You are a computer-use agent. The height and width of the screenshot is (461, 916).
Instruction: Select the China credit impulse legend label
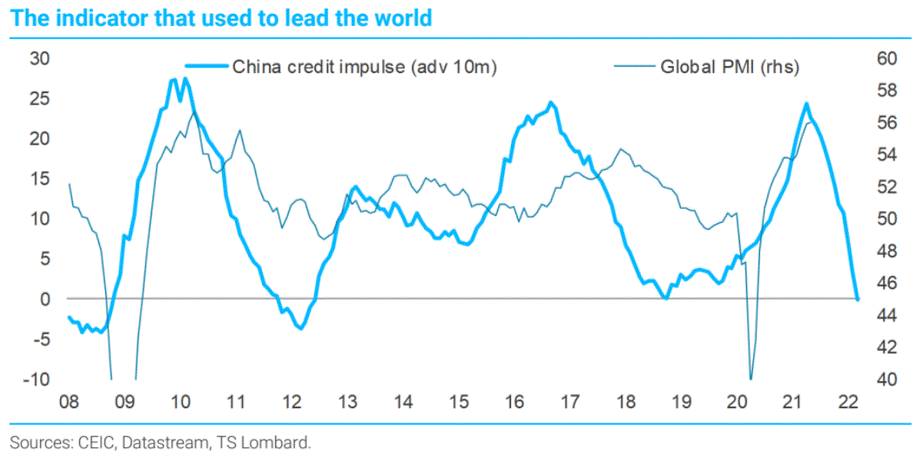(365, 67)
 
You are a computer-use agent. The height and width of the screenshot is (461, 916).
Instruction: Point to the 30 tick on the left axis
(39, 58)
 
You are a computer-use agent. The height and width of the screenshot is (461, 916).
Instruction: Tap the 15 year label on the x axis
(459, 402)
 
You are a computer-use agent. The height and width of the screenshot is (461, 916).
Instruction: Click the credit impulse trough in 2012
(300, 329)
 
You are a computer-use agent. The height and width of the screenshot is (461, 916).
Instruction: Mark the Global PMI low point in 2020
(750, 379)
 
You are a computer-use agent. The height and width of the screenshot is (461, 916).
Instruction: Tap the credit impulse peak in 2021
(806, 104)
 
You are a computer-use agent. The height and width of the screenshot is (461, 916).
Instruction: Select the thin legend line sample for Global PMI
(634, 67)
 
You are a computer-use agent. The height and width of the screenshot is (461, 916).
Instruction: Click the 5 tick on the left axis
(45, 258)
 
